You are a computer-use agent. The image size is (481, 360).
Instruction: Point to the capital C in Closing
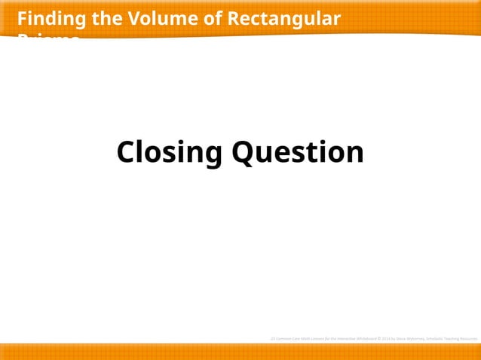127,153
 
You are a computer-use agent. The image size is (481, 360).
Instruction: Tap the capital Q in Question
243,153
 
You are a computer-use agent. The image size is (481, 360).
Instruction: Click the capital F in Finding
22,18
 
